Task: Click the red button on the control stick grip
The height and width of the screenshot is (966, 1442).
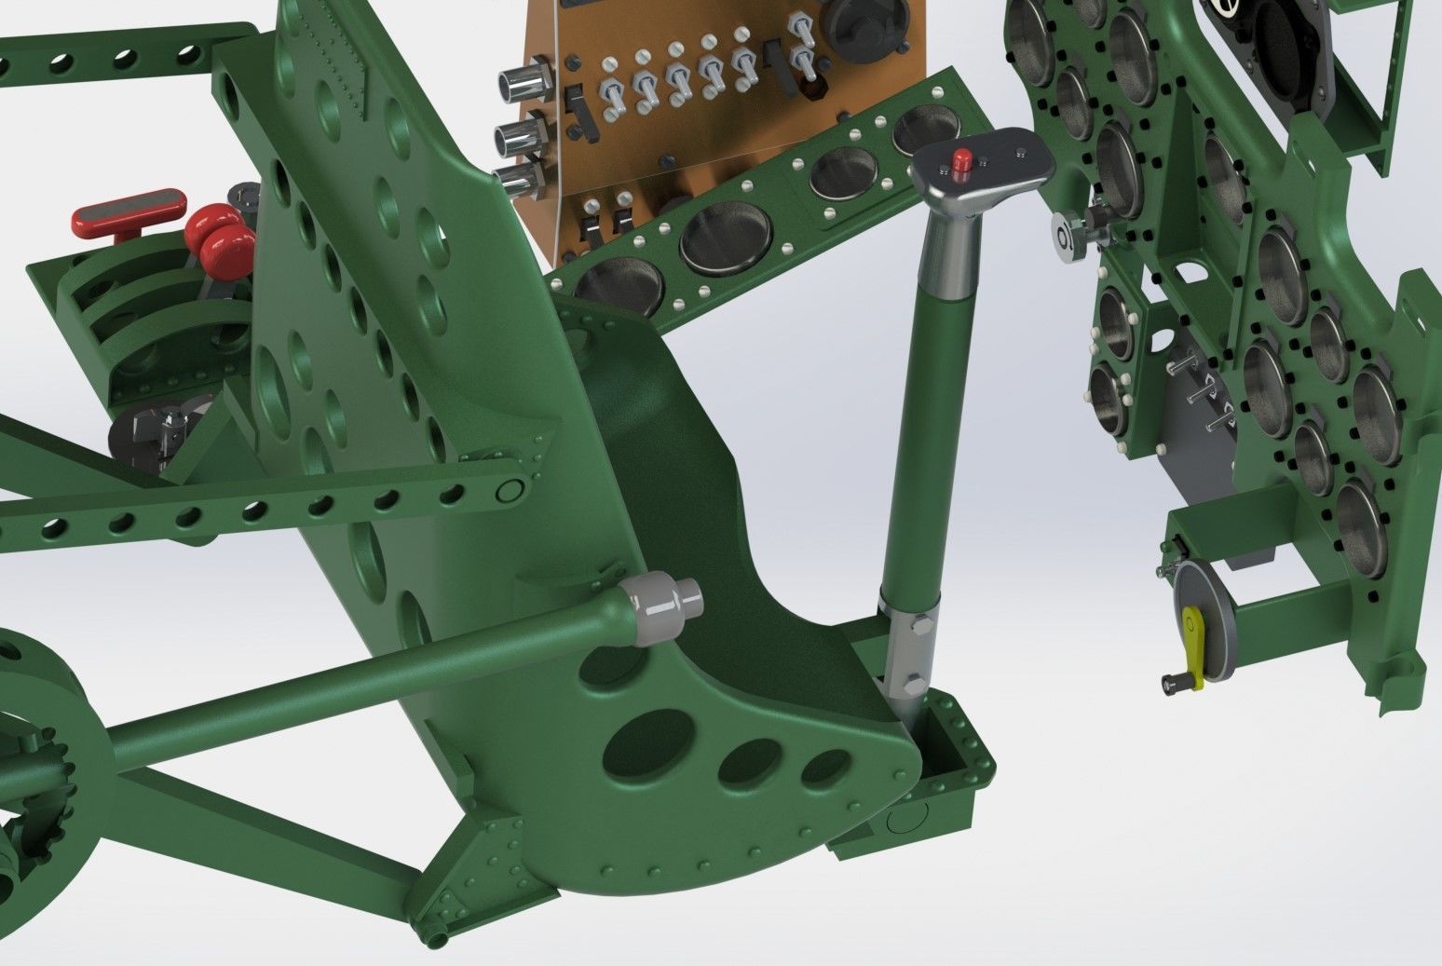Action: pyautogui.click(x=961, y=158)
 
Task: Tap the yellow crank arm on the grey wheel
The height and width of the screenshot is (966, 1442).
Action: pyautogui.click(x=1191, y=643)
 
